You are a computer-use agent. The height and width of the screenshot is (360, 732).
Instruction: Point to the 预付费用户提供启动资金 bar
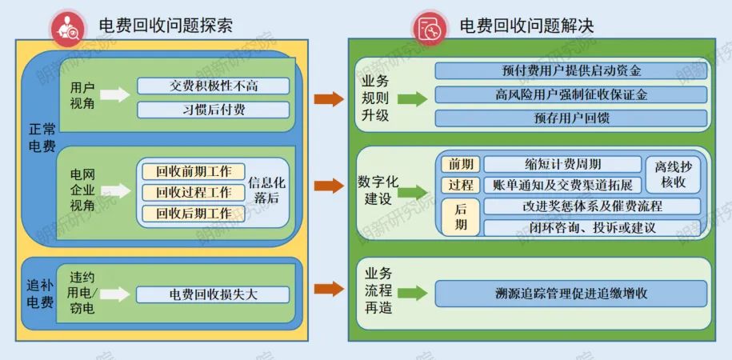pos(570,71)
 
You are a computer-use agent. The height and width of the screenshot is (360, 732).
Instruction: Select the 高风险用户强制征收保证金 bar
pos(570,94)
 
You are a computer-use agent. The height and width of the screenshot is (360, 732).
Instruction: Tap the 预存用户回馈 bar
pos(570,118)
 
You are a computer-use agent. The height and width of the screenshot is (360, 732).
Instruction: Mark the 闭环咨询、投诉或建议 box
pos(592,228)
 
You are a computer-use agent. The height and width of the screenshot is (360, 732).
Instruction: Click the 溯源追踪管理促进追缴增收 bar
pos(570,294)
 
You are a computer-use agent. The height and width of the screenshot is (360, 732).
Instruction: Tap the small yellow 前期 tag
pos(460,165)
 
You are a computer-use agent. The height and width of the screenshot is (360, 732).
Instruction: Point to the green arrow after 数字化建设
pos(413,192)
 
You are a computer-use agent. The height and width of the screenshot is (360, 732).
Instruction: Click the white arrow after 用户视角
pos(114,95)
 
